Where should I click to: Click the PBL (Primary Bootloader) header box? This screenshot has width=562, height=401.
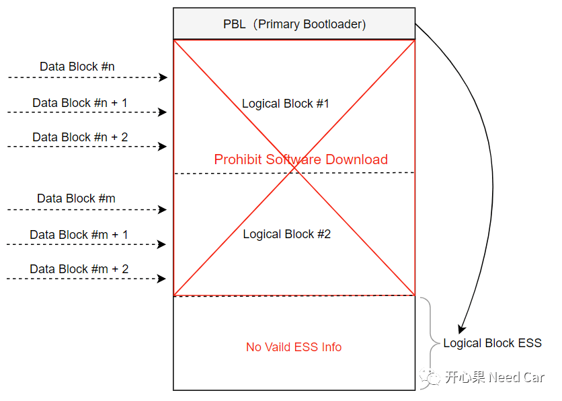(x=294, y=24)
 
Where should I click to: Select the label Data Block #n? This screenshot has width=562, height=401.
(x=77, y=67)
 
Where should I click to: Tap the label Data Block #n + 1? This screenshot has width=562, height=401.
(x=80, y=103)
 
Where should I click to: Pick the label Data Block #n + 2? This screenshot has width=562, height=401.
(x=80, y=137)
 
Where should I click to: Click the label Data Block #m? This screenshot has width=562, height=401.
(x=76, y=198)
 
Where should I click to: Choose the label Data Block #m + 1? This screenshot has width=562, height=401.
(x=79, y=235)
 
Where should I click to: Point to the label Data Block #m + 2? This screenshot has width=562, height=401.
(x=79, y=269)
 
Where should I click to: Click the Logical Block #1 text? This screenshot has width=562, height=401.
(x=286, y=104)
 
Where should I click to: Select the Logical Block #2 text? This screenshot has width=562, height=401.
(x=286, y=234)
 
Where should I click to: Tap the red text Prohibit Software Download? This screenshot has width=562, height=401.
(x=300, y=159)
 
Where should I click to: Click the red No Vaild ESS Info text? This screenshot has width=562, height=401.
(x=294, y=347)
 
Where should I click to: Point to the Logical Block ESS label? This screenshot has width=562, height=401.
(x=492, y=343)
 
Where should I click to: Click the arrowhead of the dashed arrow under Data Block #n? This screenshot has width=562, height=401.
(x=163, y=77)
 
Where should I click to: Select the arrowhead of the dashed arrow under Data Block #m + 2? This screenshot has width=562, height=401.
(x=163, y=278)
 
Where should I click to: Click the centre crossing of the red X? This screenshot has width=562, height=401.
(x=294, y=168)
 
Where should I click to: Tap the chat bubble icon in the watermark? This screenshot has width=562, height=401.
(x=429, y=377)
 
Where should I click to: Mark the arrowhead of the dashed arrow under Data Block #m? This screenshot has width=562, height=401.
(x=163, y=209)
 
